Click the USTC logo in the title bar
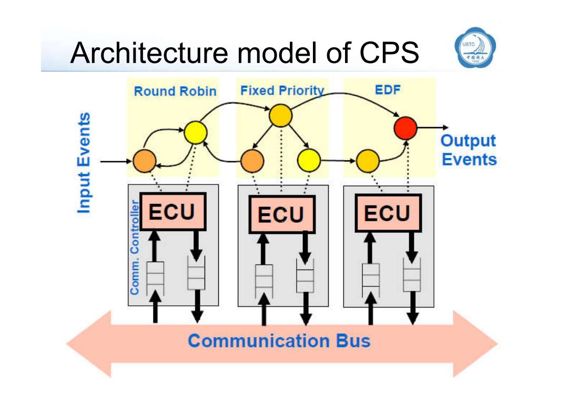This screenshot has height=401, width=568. pyautogui.click(x=475, y=47)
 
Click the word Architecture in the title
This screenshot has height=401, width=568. pyautogui.click(x=149, y=53)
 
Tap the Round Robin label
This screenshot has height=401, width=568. pyautogui.click(x=175, y=91)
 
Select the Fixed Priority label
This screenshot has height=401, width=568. pyautogui.click(x=282, y=90)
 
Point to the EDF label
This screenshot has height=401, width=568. pyautogui.click(x=388, y=90)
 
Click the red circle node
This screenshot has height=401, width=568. pyautogui.click(x=405, y=128)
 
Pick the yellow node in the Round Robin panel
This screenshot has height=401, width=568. pyautogui.click(x=196, y=132)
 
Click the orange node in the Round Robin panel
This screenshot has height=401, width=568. pyautogui.click(x=145, y=161)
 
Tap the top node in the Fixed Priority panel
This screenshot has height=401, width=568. pyautogui.click(x=280, y=116)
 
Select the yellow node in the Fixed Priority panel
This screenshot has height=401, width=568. pyautogui.click(x=309, y=160)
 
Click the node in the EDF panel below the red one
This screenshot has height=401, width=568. pyautogui.click(x=368, y=161)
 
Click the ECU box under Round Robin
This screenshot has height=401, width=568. pyautogui.click(x=173, y=212)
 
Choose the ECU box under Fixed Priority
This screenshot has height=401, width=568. pyautogui.click(x=282, y=214)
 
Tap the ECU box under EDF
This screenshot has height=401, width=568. pyautogui.click(x=388, y=213)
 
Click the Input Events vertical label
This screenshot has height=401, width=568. pyautogui.click(x=84, y=163)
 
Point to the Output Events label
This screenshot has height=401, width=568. pyautogui.click(x=469, y=150)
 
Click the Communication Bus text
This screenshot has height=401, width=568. pyautogui.click(x=279, y=341)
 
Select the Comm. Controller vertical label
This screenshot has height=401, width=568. pyautogui.click(x=135, y=247)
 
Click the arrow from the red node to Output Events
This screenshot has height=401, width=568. pyautogui.click(x=433, y=127)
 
